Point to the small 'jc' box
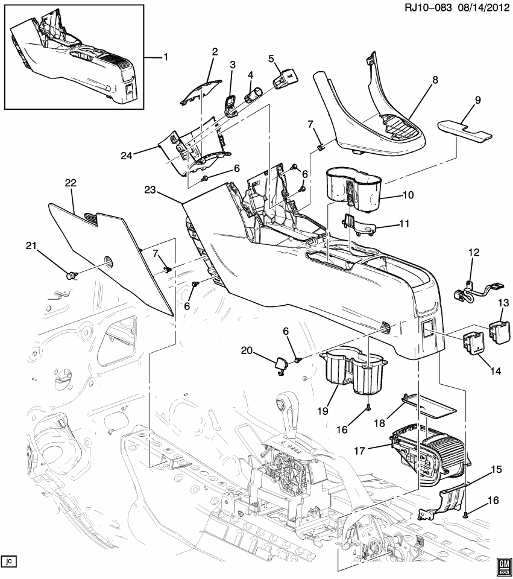pos(8,561)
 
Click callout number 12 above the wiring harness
pos(474,252)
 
